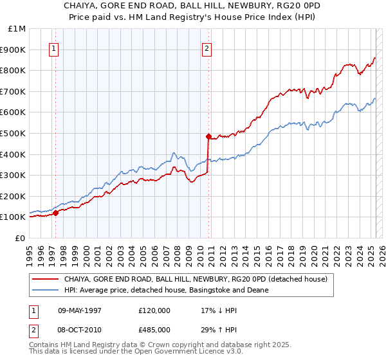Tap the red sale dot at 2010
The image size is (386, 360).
208,136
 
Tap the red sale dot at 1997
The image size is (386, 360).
55,213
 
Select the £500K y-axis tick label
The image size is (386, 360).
14,133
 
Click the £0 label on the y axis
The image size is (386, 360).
19,238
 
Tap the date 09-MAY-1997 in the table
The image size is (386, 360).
80,310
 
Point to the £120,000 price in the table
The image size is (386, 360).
153,310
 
